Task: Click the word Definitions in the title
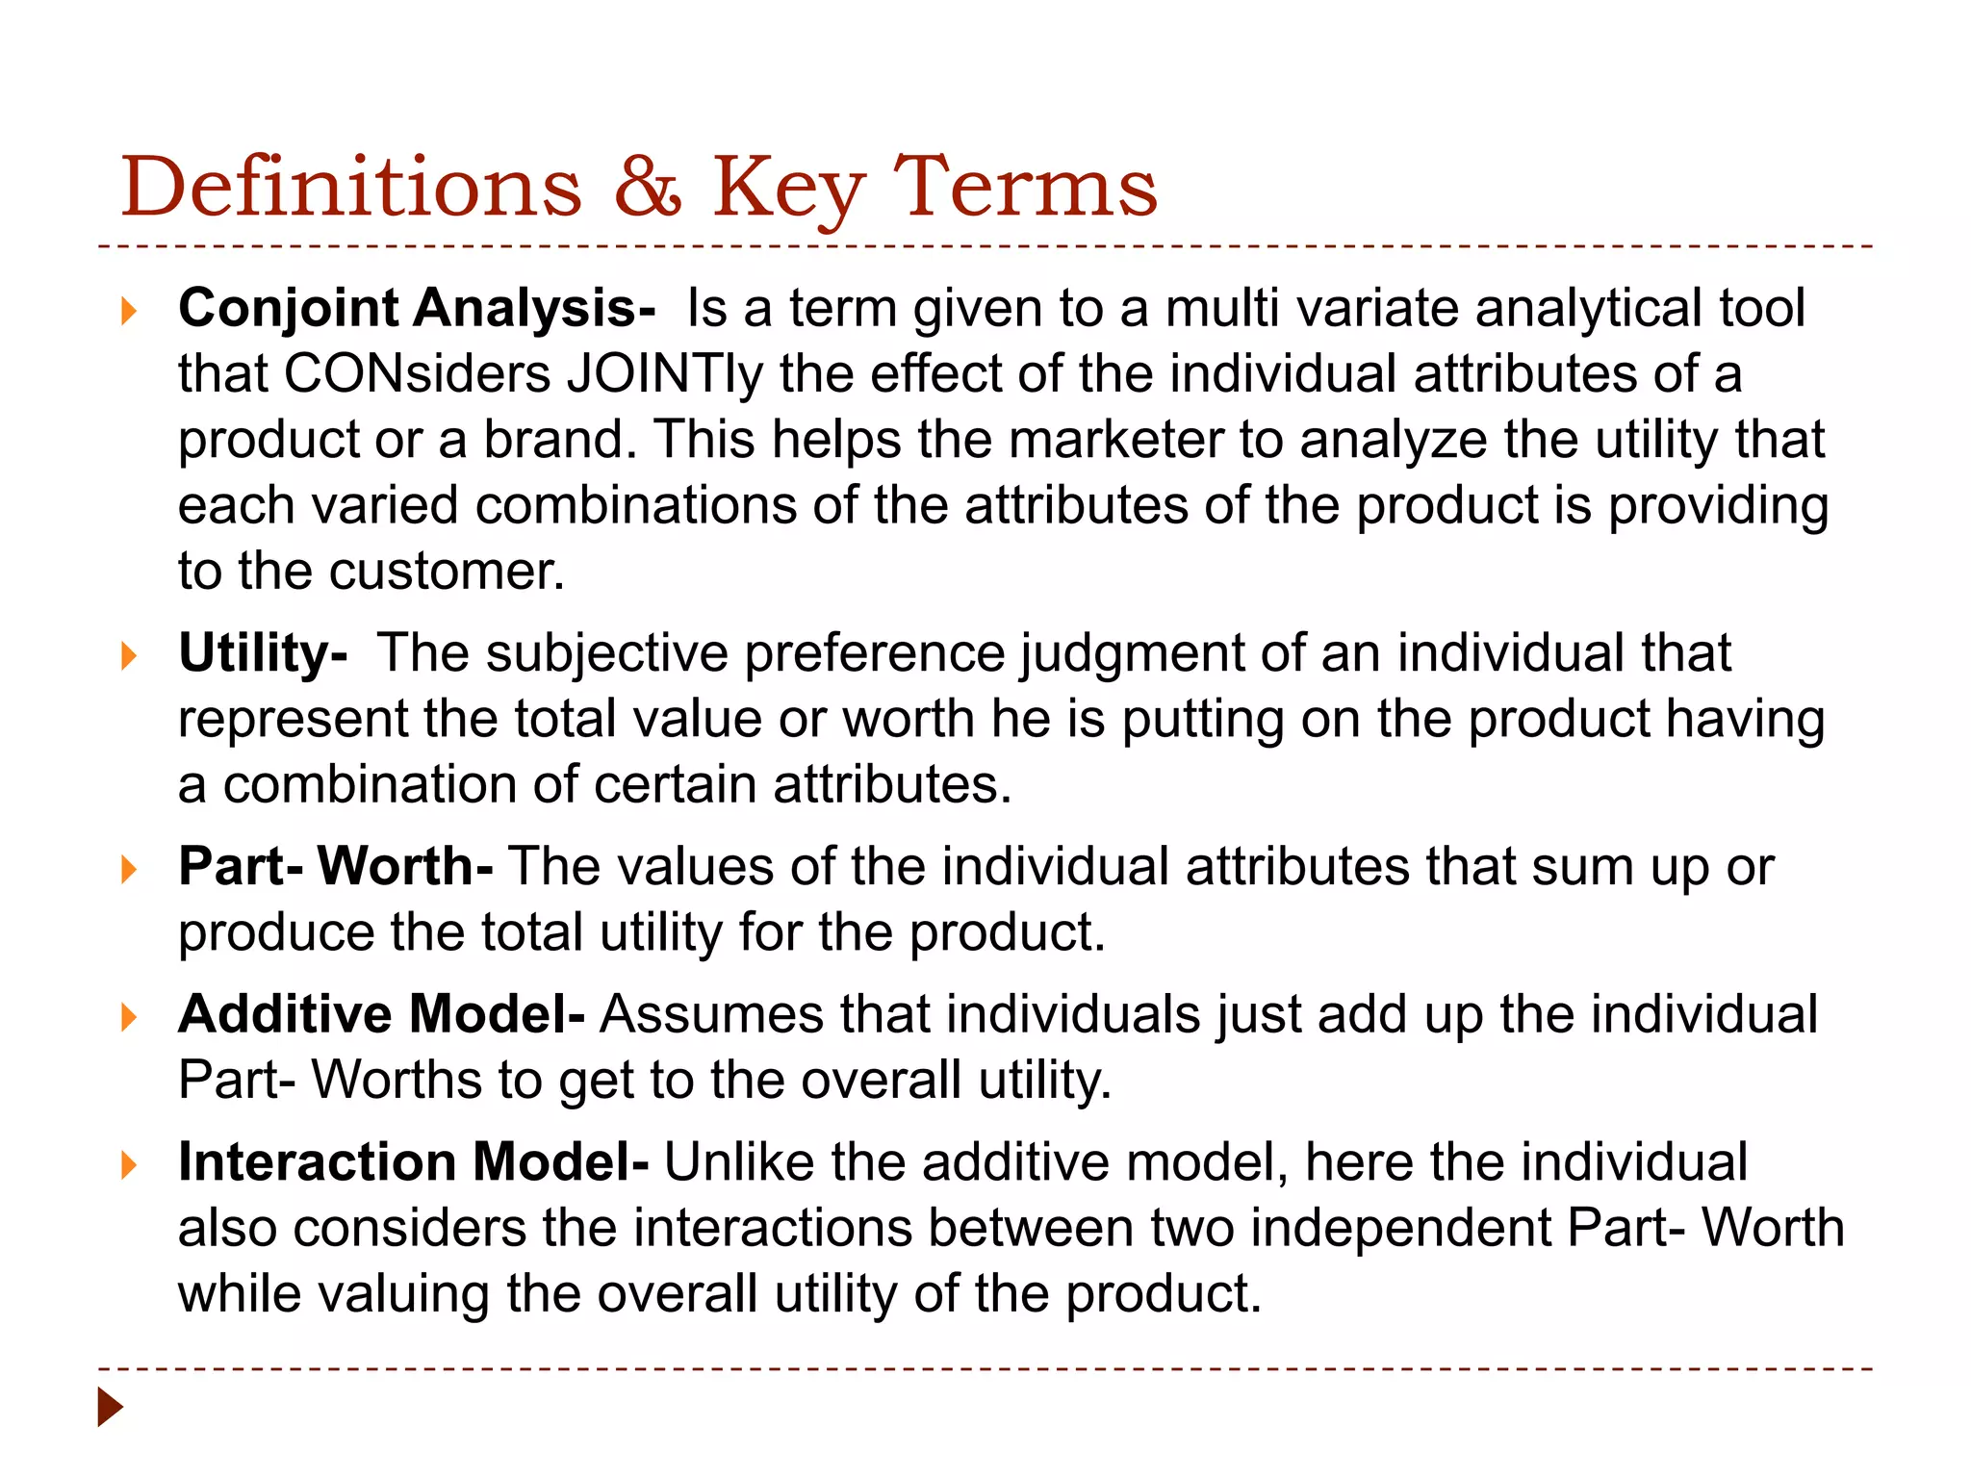pos(351,187)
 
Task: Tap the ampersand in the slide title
pos(648,187)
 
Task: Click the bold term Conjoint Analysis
pos(417,309)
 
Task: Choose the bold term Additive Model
pos(381,1014)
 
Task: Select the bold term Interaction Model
pos(413,1162)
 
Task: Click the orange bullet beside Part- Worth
pos(129,870)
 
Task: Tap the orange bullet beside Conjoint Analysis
pos(129,311)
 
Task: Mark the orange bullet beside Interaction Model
pos(129,1165)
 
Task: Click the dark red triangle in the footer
pos(111,1407)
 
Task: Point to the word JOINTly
pos(665,374)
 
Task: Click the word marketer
pos(1116,441)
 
